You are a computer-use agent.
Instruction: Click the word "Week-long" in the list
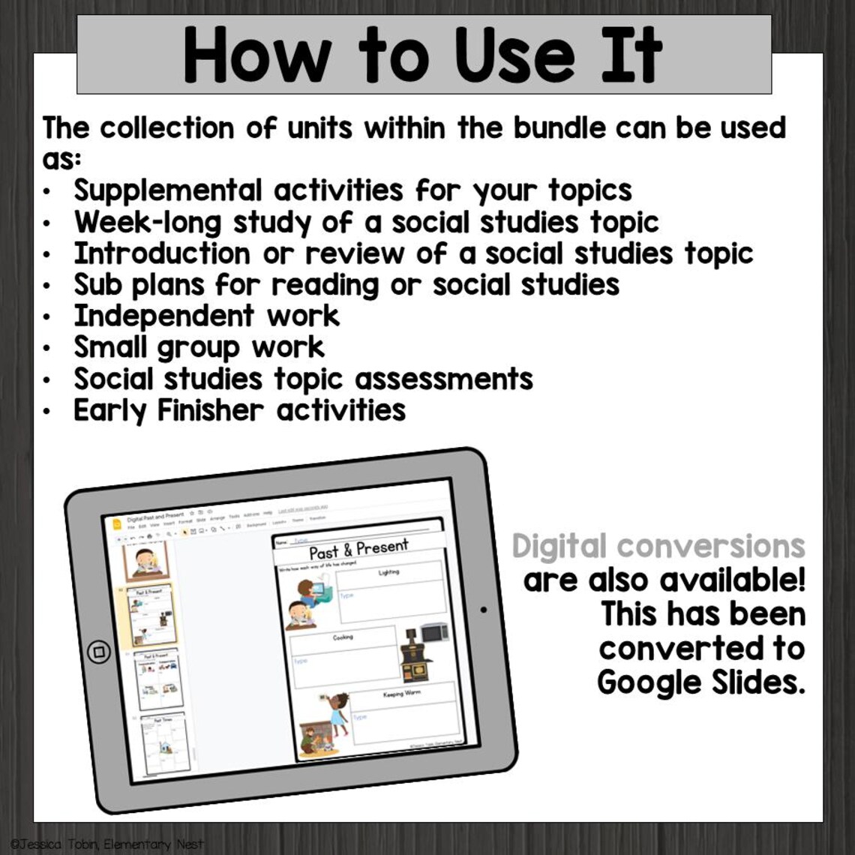click(147, 223)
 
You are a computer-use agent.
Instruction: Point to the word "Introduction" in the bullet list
click(161, 253)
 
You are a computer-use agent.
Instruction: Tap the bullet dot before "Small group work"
click(47, 349)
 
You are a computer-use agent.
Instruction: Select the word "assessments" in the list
click(443, 379)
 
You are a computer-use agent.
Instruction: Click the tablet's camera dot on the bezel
click(483, 610)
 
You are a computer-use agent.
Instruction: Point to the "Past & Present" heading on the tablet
click(358, 548)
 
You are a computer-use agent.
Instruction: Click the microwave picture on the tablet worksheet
click(433, 631)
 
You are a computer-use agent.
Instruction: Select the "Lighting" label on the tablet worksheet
click(389, 572)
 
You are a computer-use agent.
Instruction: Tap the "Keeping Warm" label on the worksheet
click(402, 694)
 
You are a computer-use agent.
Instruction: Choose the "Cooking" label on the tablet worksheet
click(343, 637)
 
